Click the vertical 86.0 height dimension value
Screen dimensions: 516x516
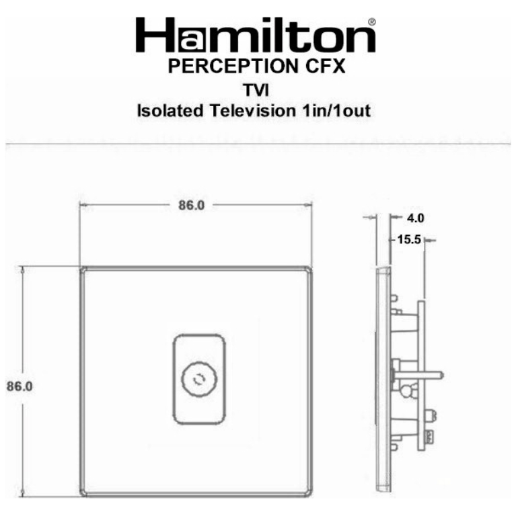(20, 386)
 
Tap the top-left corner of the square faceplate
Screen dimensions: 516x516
(82, 269)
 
